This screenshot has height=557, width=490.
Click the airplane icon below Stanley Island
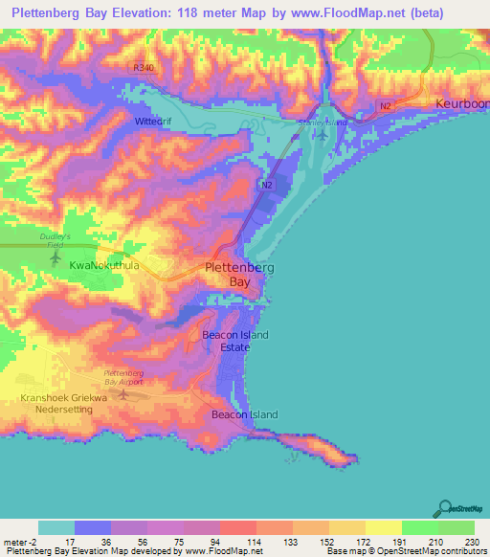323,133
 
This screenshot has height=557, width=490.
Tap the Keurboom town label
463,102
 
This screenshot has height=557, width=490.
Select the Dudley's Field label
56,240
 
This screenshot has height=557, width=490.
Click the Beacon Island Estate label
235,341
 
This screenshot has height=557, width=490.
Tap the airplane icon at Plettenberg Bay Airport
122,392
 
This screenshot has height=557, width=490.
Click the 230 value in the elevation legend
456,543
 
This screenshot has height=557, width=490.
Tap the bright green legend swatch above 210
419,527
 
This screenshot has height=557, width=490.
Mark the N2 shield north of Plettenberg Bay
268,185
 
